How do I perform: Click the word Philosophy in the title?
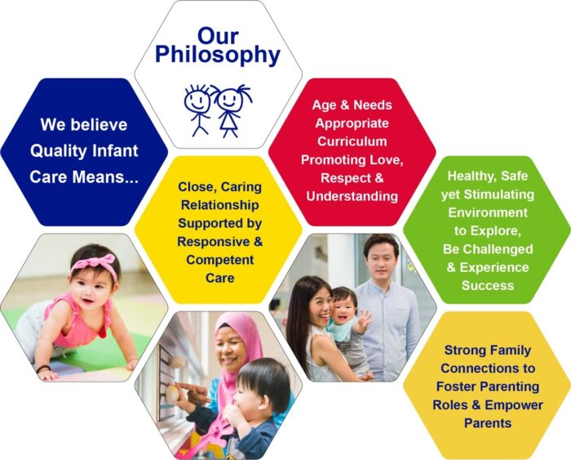pos(217,56)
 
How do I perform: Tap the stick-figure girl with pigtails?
pos(229,107)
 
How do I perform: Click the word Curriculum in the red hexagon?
pos(352,141)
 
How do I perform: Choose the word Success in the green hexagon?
pos(487,285)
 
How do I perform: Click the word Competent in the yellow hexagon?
pos(218,260)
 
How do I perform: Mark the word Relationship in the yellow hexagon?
pos(218,205)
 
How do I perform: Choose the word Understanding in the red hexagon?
pos(352,195)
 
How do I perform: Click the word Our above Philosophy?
pos(217,35)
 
